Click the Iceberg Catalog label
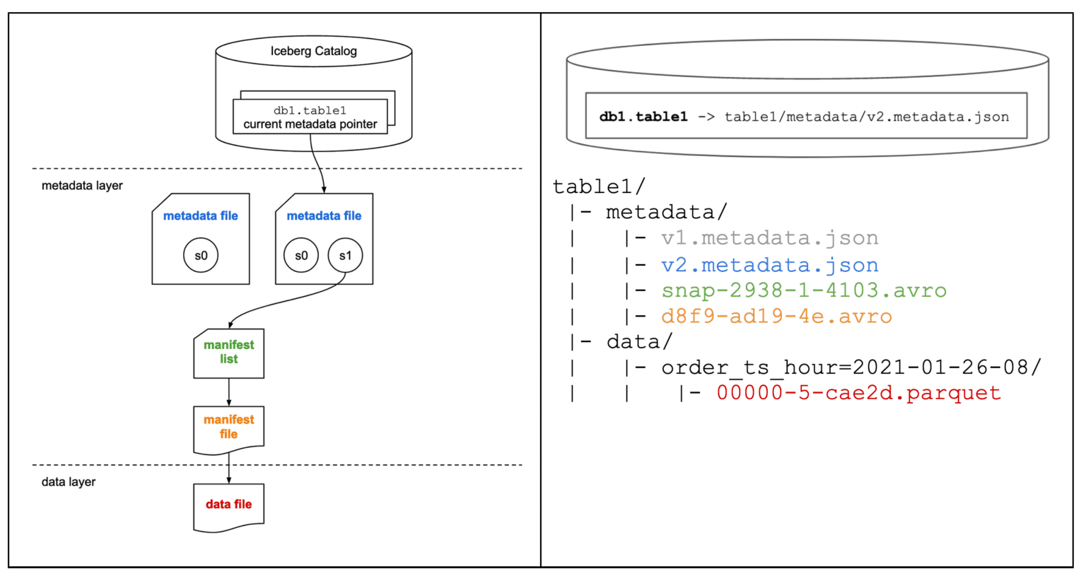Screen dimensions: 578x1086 313,51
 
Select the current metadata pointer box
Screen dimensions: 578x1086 310,117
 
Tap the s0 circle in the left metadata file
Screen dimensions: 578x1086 201,256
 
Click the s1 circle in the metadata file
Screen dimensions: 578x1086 345,256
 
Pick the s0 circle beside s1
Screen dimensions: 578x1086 301,256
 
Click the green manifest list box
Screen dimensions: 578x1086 228,353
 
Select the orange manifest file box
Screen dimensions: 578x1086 228,427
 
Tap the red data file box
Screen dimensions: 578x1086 228,505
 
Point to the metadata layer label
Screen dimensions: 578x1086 82,186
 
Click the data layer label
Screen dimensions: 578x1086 69,482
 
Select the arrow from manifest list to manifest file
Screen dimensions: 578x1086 228,391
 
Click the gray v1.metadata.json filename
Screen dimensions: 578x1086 769,238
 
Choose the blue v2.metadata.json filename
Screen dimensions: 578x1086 769,265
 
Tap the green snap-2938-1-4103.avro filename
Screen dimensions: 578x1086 803,290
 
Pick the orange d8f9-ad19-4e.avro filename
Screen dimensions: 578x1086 776,317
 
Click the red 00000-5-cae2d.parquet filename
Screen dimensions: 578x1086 858,393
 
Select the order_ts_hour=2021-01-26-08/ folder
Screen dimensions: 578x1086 851,367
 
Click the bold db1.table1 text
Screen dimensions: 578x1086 643,117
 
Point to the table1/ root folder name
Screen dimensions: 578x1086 598,187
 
